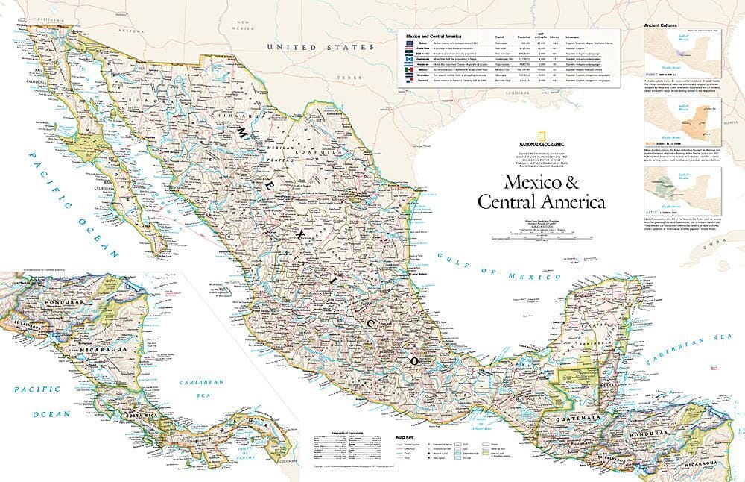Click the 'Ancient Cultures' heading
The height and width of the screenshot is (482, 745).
point(662,26)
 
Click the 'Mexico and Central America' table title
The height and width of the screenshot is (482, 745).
point(431,37)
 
